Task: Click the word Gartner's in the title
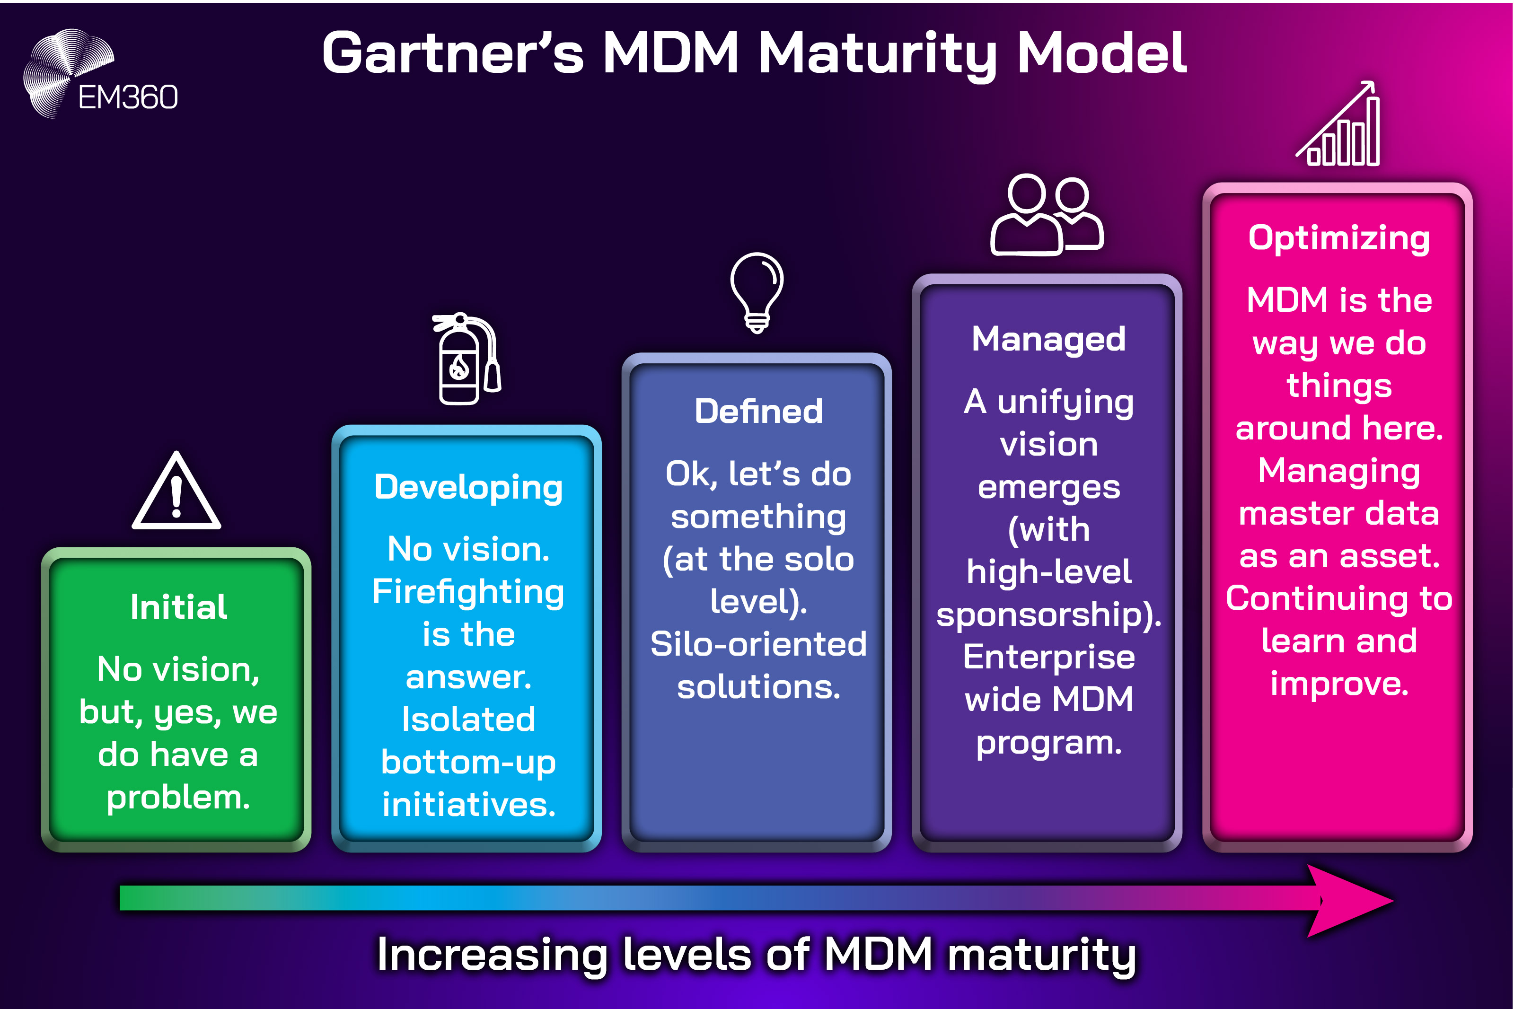(x=452, y=53)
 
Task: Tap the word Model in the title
(x=1101, y=53)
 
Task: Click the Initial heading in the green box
(x=178, y=607)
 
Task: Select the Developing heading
(x=468, y=487)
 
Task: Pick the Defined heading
(x=758, y=411)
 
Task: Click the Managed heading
(x=1048, y=339)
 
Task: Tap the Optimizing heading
(x=1338, y=238)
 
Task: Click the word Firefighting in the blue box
(x=468, y=593)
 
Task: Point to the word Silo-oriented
(x=758, y=644)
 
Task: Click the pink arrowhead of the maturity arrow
(x=1348, y=901)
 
